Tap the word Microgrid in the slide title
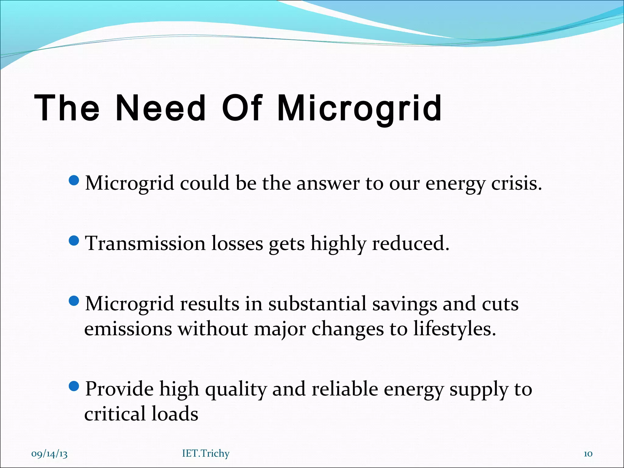(360, 108)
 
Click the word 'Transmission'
(145, 244)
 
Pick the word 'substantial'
(317, 304)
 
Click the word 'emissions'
(128, 329)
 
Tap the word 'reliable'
(345, 389)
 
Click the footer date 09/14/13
(49, 454)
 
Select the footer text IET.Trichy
(206, 454)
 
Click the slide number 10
(588, 454)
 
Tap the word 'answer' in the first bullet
(328, 183)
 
